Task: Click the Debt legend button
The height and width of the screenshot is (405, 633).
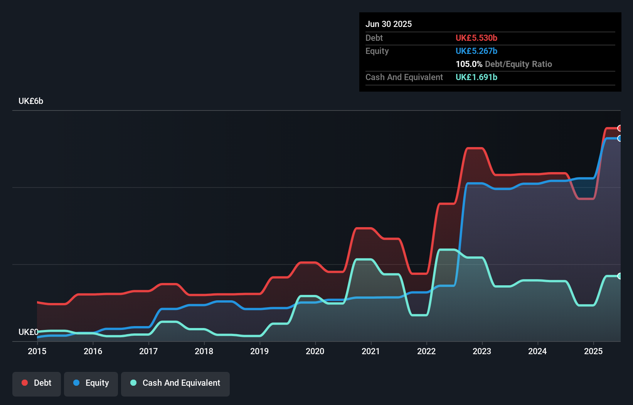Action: click(x=37, y=383)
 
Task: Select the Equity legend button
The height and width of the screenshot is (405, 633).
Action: click(x=91, y=383)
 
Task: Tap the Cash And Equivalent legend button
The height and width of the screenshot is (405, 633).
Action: click(x=175, y=383)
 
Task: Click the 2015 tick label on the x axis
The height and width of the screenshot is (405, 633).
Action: click(x=37, y=351)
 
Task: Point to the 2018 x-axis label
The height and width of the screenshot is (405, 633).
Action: click(x=204, y=351)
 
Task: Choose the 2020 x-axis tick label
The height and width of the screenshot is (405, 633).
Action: click(x=315, y=351)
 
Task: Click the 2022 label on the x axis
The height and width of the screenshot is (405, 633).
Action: click(x=426, y=351)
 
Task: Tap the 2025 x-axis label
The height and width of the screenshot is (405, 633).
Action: click(x=593, y=351)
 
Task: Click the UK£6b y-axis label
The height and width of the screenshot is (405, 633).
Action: click(x=31, y=101)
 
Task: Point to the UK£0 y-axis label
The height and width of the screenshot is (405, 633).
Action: click(x=28, y=332)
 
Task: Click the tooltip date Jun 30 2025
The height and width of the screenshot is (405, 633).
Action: click(x=389, y=24)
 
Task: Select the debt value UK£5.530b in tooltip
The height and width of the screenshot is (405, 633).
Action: click(x=476, y=38)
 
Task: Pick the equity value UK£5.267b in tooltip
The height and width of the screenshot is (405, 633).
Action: click(x=476, y=51)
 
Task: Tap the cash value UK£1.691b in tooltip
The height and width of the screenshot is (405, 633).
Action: click(x=476, y=77)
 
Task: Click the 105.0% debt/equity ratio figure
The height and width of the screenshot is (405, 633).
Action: click(x=469, y=64)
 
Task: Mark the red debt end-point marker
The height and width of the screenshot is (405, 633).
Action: click(x=620, y=128)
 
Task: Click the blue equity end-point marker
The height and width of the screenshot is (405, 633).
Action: click(x=620, y=138)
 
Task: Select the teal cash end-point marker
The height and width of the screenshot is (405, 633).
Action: click(x=620, y=276)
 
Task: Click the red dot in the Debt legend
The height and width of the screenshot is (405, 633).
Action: click(x=25, y=383)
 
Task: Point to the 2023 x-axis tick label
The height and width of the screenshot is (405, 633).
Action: click(x=482, y=351)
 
